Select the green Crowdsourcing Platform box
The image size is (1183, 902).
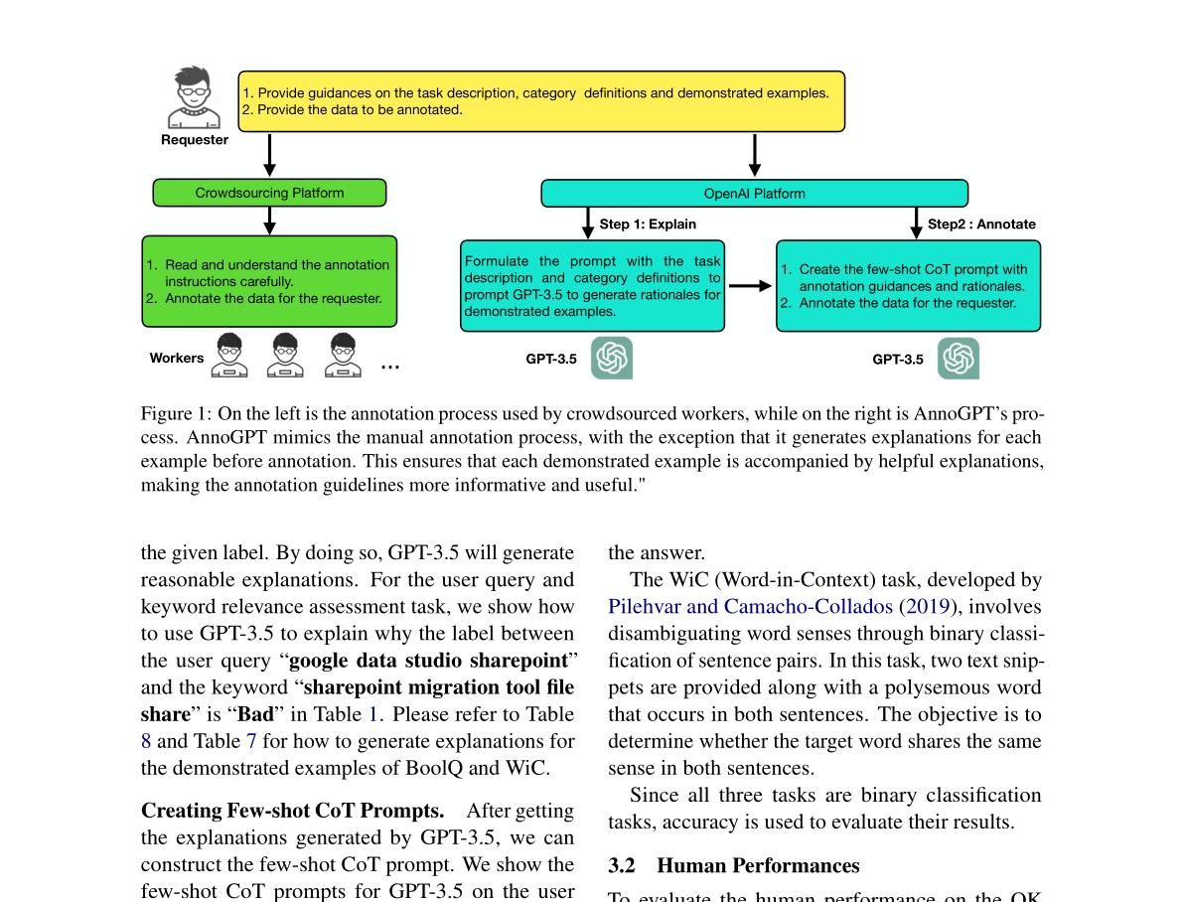point(269,193)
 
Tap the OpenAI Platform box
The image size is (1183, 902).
point(754,194)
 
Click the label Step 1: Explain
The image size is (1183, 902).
point(648,225)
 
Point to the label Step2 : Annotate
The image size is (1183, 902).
point(980,225)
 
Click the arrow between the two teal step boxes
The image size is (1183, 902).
point(750,286)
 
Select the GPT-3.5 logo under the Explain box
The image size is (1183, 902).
point(612,359)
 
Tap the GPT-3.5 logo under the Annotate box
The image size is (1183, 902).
point(959,359)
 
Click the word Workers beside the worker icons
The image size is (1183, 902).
point(177,359)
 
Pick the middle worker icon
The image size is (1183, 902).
point(285,356)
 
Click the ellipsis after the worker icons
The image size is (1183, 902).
point(390,367)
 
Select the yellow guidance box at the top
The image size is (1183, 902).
point(541,101)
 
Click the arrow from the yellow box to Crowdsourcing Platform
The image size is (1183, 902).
point(269,155)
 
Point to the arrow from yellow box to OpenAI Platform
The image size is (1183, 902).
point(755,155)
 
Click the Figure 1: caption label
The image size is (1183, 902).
point(176,414)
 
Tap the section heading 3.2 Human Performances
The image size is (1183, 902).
point(733,865)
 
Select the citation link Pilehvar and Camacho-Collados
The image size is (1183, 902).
point(750,607)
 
